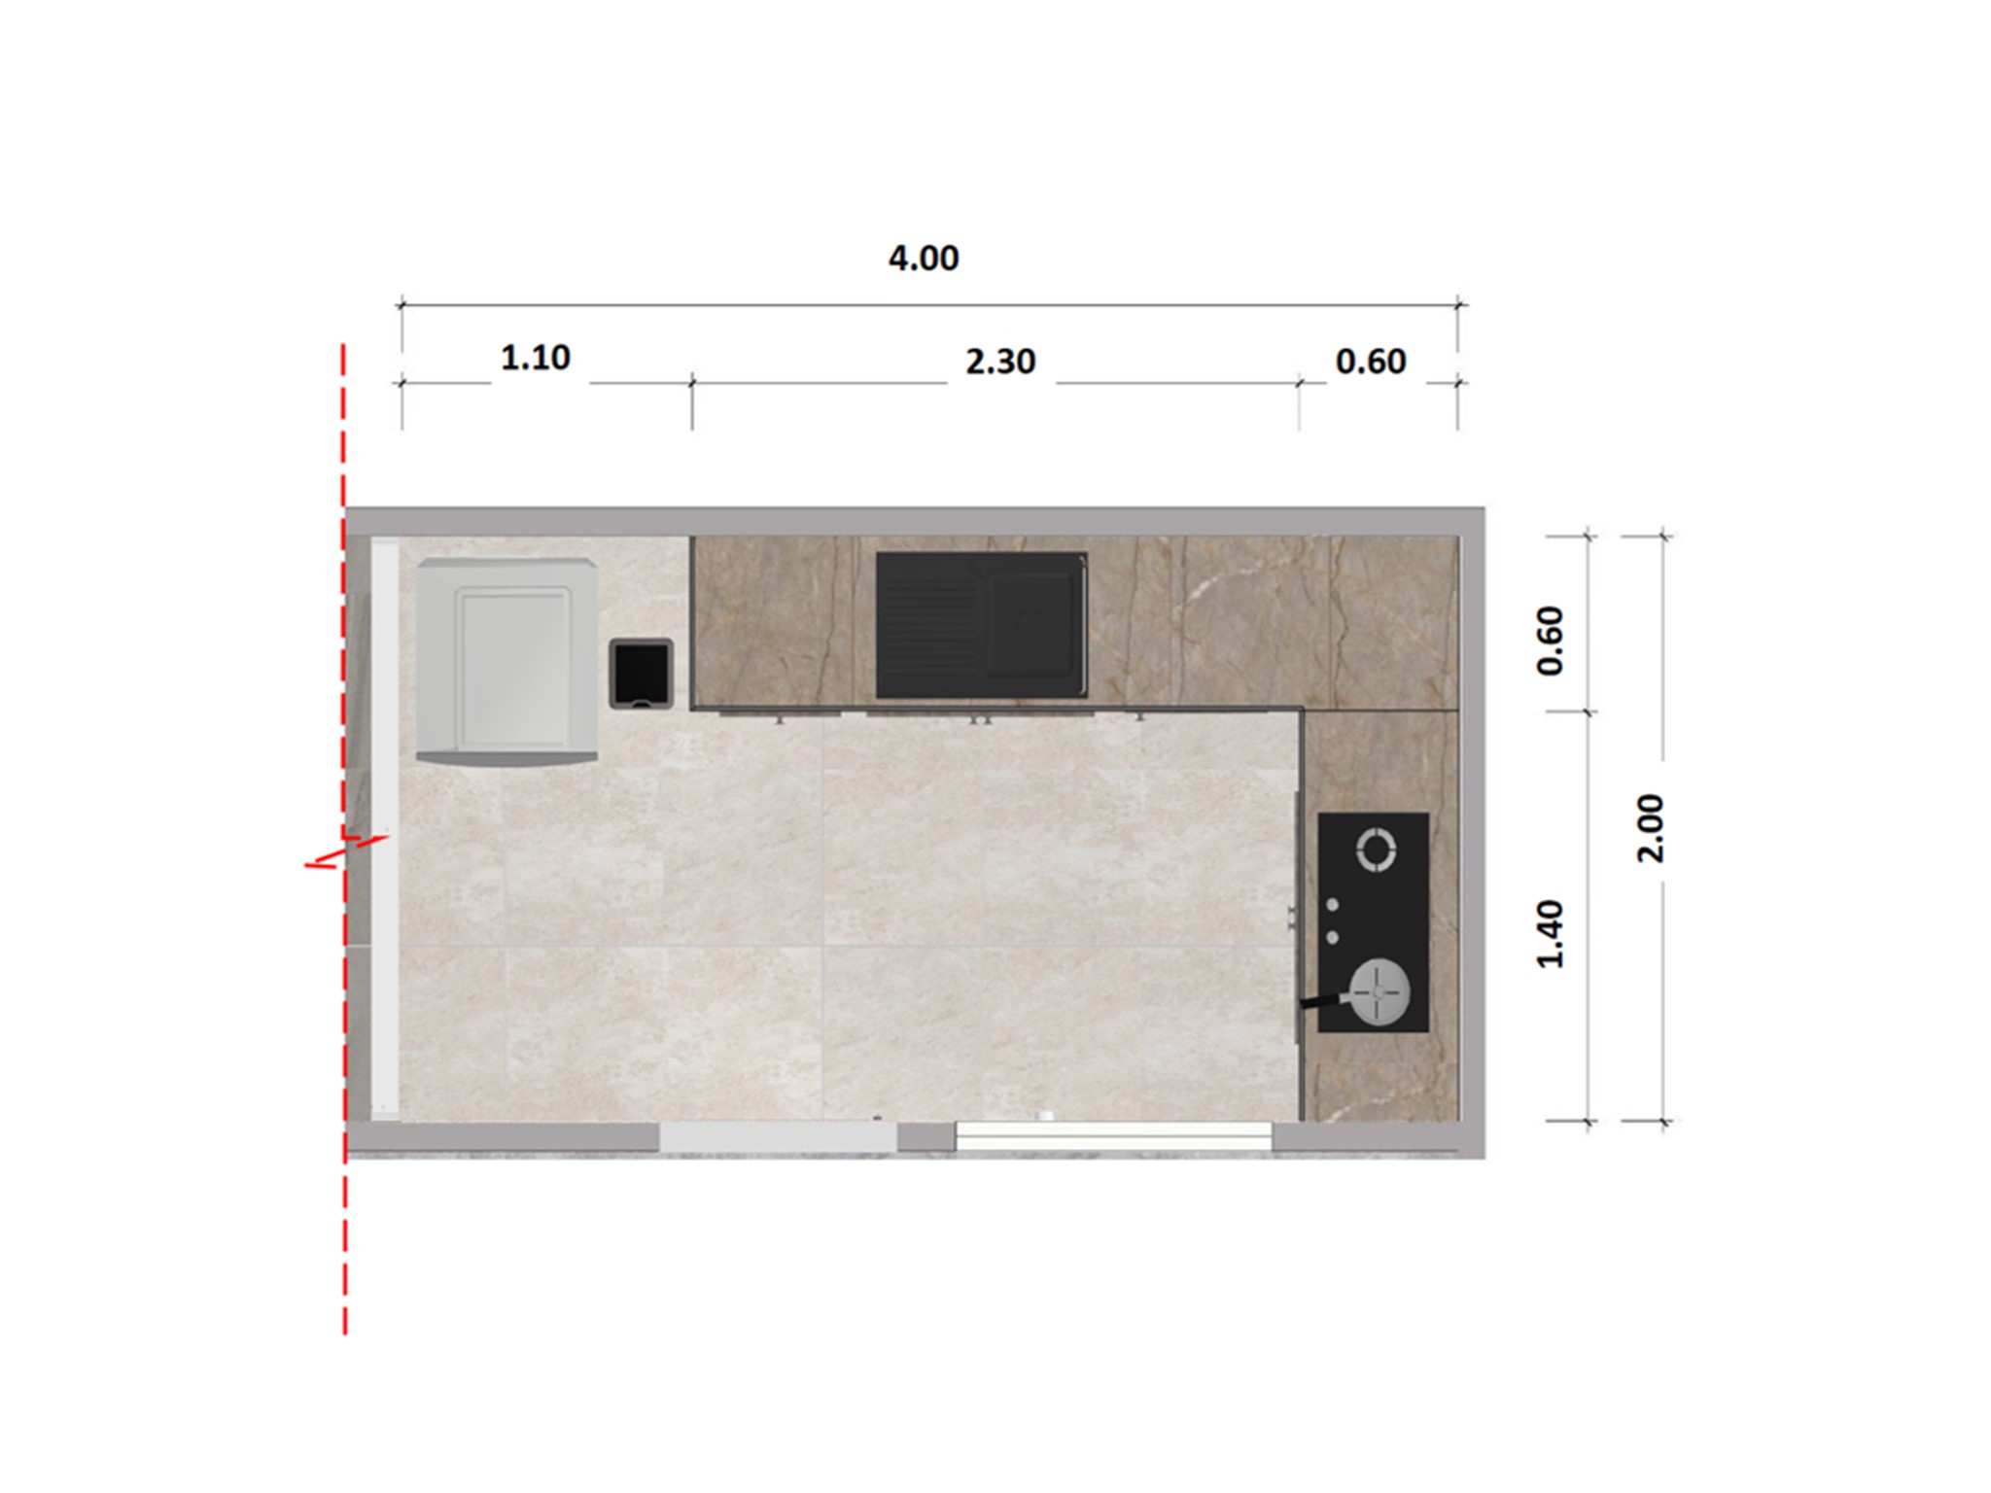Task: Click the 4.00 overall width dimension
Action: pos(923,259)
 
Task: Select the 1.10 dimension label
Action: pos(535,359)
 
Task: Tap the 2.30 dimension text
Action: pos(999,362)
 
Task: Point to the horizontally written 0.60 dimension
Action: pos(1370,362)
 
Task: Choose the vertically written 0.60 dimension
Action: pos(1551,641)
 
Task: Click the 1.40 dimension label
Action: pos(1551,934)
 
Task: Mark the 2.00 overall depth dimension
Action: pos(1651,828)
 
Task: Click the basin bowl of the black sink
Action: pos(1030,623)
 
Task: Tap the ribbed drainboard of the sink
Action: pos(929,624)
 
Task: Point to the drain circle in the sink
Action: pos(1028,623)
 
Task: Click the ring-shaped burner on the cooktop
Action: pos(1377,849)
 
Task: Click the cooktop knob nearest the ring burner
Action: pos(1333,906)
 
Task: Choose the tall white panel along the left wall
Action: pos(385,826)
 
